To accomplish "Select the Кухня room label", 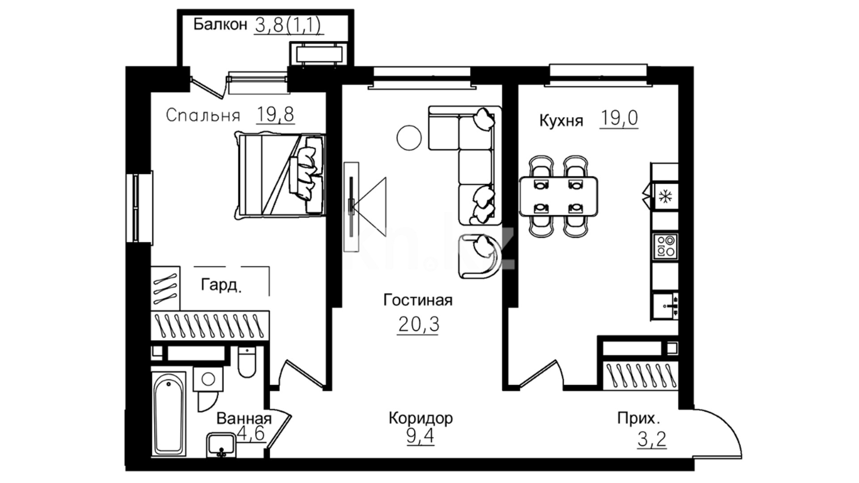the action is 561,121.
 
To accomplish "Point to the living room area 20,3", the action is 418,324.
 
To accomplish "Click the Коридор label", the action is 421,418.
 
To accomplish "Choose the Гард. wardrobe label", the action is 221,285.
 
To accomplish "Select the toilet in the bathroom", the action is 247,361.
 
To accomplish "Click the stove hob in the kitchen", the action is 665,246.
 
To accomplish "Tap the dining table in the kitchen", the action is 558,196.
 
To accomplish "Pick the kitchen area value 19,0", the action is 619,119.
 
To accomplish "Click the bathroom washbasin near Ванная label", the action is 220,445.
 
